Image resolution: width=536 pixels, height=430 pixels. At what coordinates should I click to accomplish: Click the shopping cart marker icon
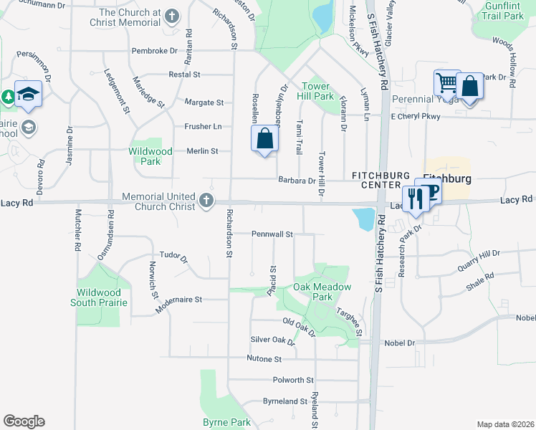tap(446, 83)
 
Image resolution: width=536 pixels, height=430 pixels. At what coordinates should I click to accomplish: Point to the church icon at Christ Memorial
tap(171, 16)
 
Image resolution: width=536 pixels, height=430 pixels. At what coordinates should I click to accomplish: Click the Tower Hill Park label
tap(319, 91)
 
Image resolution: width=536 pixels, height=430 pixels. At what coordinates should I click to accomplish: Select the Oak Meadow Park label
tap(322, 292)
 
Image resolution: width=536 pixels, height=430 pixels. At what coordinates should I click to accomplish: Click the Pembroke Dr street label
tap(154, 51)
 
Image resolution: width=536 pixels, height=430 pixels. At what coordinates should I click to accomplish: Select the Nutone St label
tap(264, 358)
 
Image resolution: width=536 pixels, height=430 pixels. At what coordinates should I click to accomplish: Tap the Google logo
tap(24, 421)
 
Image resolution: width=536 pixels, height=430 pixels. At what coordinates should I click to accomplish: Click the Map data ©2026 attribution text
tap(504, 424)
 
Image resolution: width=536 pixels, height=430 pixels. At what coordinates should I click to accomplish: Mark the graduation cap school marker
tap(28, 95)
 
